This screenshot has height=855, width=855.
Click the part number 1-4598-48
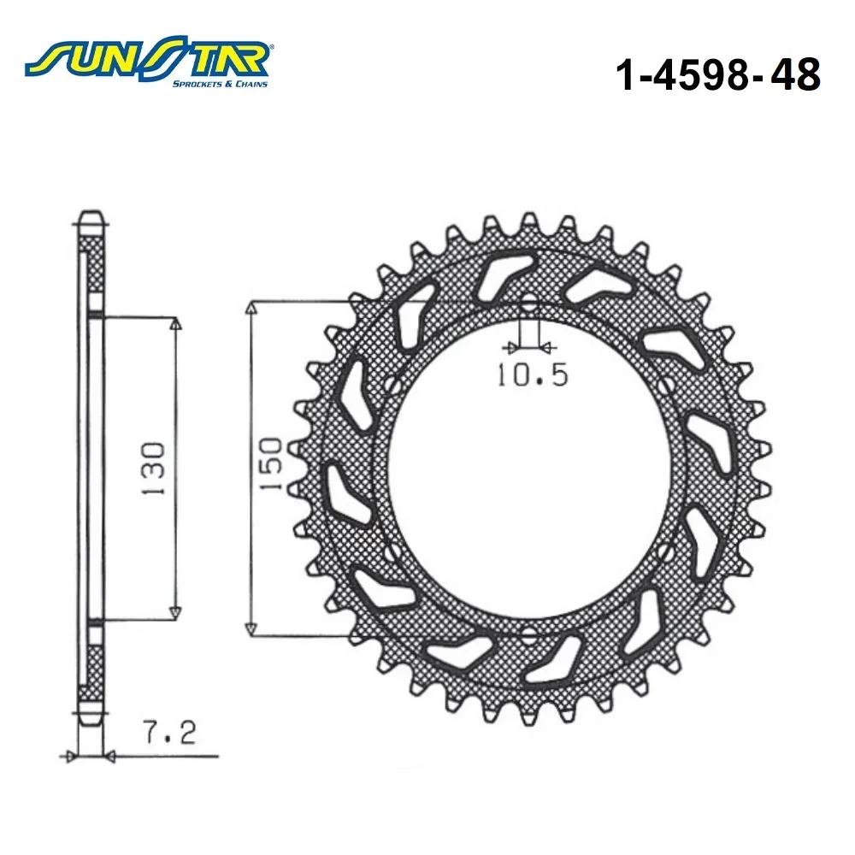[717, 74]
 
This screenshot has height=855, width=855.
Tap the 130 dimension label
[153, 469]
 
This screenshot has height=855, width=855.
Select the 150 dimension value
[271, 463]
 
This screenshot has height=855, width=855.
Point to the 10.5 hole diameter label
[532, 374]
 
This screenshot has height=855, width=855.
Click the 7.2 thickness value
[169, 733]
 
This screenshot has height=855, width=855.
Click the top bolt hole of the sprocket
[528, 305]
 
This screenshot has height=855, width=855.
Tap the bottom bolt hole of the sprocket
[528, 634]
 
